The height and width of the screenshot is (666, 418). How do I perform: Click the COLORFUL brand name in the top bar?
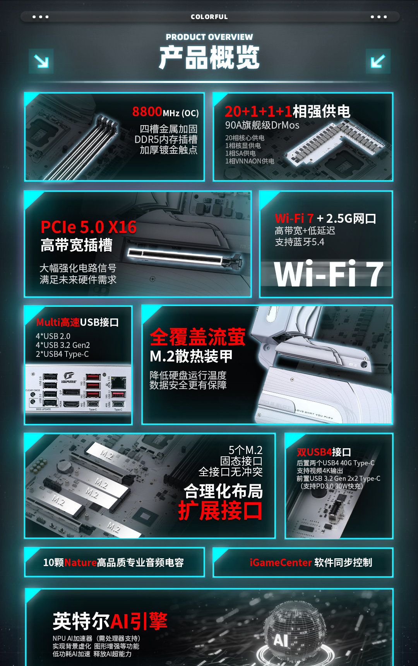tap(209, 17)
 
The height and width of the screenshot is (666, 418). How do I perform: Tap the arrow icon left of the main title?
tap(41, 61)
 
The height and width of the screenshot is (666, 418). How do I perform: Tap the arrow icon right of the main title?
tap(378, 61)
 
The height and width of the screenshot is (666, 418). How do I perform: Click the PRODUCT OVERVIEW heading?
tap(209, 37)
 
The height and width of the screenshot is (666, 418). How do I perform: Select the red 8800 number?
tap(147, 112)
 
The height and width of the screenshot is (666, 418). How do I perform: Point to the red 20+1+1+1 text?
tap(258, 112)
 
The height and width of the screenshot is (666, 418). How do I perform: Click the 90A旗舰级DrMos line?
tap(262, 125)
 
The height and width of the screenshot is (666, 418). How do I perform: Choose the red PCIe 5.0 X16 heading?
tap(89, 227)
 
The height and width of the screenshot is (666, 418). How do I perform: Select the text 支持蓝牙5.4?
tap(299, 242)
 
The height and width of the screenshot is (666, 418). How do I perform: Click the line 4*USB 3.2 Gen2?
tap(63, 345)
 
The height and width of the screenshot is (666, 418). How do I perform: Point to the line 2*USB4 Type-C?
tap(62, 354)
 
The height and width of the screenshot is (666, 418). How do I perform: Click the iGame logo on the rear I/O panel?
tap(69, 378)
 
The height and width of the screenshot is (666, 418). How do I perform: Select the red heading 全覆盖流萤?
tap(197, 337)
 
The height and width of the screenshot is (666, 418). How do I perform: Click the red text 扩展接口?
tap(220, 511)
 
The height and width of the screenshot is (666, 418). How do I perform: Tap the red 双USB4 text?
tap(314, 452)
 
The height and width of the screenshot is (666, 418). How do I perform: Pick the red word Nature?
tap(81, 563)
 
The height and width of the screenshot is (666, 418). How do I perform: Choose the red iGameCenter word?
tap(281, 563)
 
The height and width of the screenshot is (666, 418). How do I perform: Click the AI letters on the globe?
tap(281, 640)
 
